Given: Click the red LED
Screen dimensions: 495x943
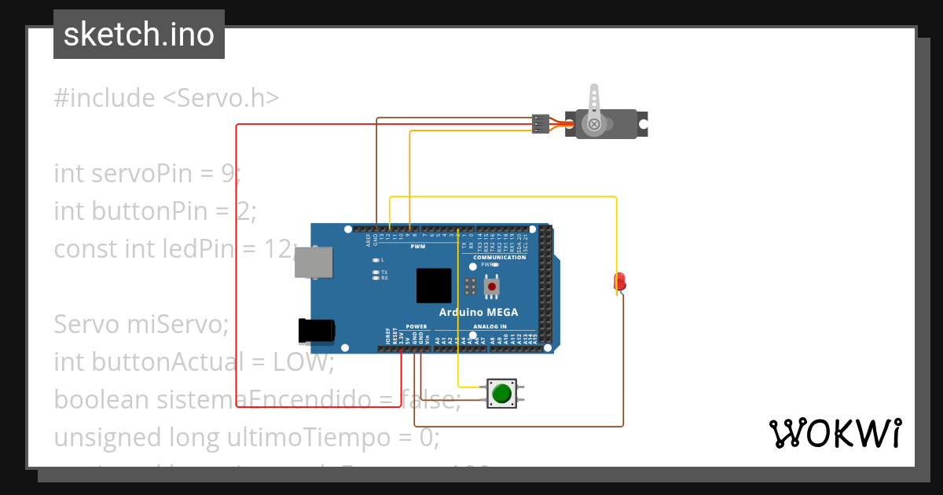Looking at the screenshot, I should tap(619, 280).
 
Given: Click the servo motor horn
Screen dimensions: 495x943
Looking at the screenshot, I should tap(595, 106).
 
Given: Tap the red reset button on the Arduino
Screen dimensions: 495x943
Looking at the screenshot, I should tap(492, 287).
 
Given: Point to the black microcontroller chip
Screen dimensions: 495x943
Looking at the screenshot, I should tap(434, 285).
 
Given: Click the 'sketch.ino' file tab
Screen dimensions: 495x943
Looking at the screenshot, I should tap(139, 35).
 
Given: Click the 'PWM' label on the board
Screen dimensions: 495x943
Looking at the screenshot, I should tap(418, 246).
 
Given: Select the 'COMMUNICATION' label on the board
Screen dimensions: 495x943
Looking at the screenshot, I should tap(500, 257).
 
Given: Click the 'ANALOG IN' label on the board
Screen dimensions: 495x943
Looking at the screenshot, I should tap(490, 326).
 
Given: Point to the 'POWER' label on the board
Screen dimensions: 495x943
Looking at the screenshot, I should tap(416, 326).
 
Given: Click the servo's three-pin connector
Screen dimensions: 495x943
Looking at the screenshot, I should tap(541, 123).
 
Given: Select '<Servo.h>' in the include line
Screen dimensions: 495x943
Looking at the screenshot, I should tap(221, 98).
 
